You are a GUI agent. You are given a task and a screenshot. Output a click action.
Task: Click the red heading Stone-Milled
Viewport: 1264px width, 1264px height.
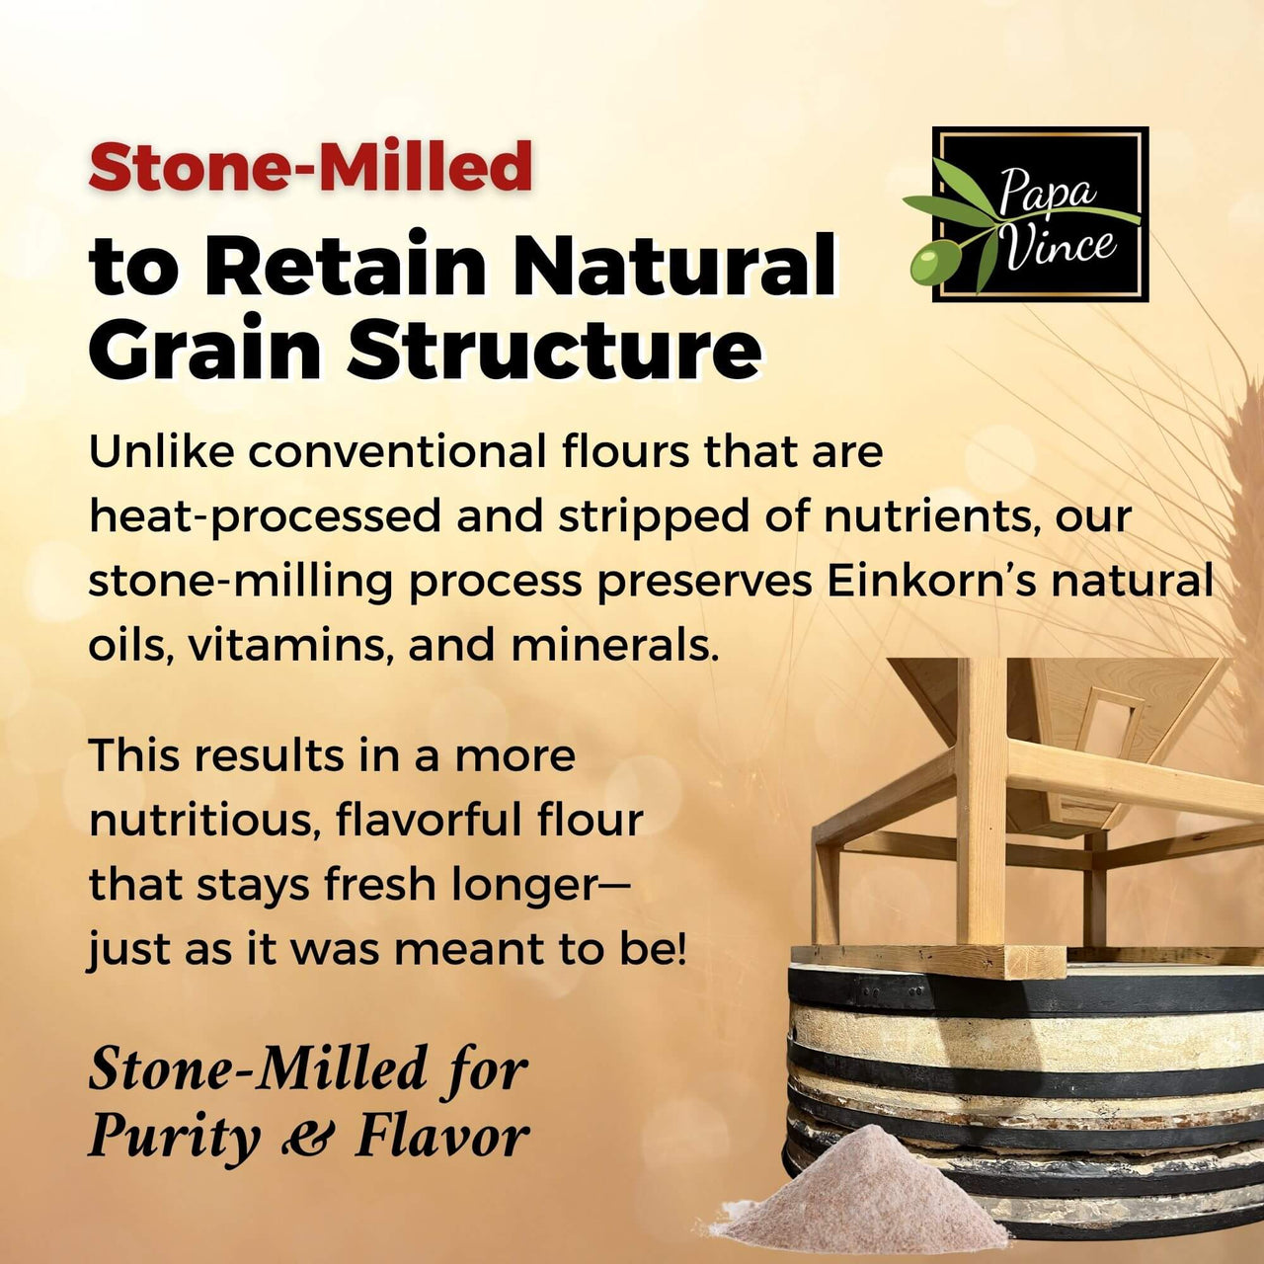click(310, 166)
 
